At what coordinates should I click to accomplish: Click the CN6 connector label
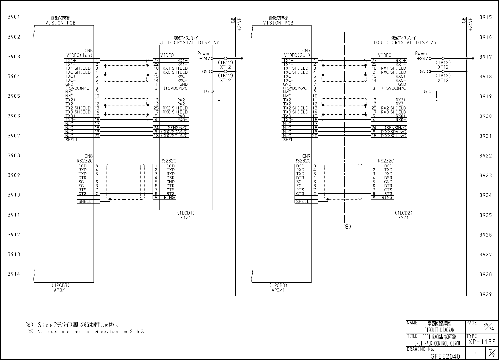89,51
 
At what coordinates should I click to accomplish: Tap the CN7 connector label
306,51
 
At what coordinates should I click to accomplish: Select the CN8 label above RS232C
89,156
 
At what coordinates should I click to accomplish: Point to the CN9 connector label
306,156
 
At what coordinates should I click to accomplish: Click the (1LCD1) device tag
186,213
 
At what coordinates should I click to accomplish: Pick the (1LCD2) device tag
403,213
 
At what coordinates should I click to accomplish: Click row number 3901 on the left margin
14,17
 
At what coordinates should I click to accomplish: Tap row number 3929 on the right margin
485,294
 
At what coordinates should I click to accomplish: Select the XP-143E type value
482,342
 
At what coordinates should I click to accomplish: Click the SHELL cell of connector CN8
85,202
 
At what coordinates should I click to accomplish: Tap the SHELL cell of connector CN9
303,202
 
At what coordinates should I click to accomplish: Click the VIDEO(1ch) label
79,55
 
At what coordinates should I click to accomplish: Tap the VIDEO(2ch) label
297,55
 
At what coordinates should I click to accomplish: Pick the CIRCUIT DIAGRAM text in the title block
439,330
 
